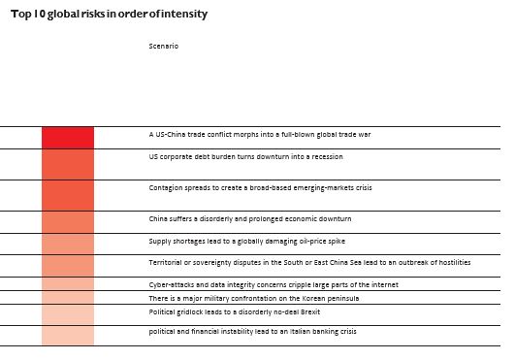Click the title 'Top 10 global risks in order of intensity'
pos(109,16)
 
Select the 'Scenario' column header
pos(164,46)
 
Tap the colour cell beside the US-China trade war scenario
pos(68,137)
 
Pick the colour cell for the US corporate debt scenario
pos(68,164)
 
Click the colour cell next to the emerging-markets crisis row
pos(68,195)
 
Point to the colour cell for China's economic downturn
pos(68,222)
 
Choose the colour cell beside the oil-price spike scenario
pos(68,244)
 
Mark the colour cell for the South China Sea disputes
pos(68,265)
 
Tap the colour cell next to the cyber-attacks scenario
pos(68,284)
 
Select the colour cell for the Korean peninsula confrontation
pos(68,298)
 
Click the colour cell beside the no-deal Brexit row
pos(68,314)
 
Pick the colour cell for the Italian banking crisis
pos(68,335)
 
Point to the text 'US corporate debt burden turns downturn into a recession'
pos(245,155)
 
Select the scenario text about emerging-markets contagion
pos(260,187)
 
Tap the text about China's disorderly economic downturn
pos(249,219)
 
